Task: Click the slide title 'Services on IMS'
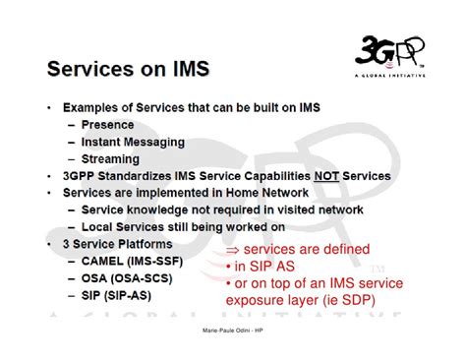click(x=128, y=69)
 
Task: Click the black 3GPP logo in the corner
click(x=389, y=52)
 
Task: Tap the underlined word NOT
click(x=326, y=176)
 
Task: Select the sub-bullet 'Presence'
click(x=107, y=125)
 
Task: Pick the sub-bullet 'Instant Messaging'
click(x=133, y=142)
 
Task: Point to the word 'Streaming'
click(x=110, y=159)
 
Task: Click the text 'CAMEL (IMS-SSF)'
click(x=132, y=262)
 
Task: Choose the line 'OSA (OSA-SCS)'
click(x=127, y=278)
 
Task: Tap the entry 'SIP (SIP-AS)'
click(x=116, y=295)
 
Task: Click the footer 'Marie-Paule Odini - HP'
click(x=233, y=330)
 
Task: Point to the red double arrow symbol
click(x=233, y=250)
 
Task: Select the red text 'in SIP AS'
click(x=264, y=267)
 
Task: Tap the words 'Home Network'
click(x=267, y=193)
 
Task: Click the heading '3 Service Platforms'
click(x=118, y=244)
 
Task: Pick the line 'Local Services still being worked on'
click(x=183, y=227)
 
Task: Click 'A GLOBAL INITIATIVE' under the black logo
click(x=390, y=76)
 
